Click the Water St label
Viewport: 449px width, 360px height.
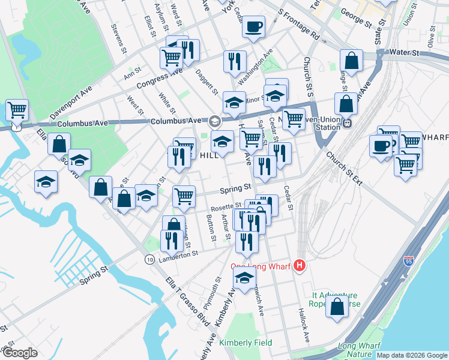point(404,53)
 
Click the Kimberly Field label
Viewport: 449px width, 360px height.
point(246,343)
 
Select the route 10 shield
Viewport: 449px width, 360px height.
point(149,259)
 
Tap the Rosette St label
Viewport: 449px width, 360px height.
point(226,206)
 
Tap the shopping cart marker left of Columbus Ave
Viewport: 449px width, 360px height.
point(17,110)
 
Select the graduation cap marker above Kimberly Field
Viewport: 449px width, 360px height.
point(244,277)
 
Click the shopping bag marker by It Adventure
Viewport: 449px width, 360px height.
point(337,305)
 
